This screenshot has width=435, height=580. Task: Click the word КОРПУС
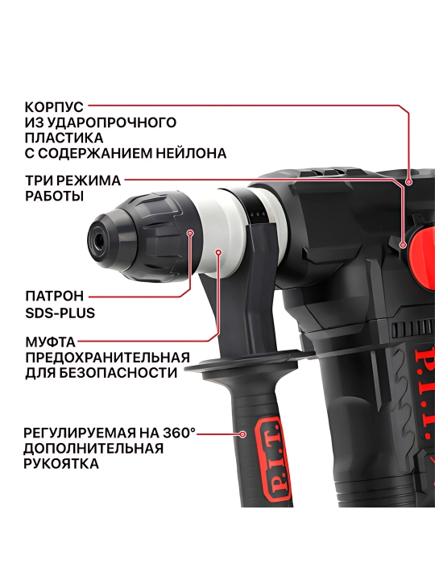[x=54, y=107]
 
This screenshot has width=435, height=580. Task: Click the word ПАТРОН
[x=55, y=296]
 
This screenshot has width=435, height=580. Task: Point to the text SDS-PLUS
[x=60, y=313]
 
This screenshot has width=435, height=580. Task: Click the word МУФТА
[x=50, y=342]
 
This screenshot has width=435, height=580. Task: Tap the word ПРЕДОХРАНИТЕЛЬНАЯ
[x=107, y=358]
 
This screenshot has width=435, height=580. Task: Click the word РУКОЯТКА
[x=61, y=463]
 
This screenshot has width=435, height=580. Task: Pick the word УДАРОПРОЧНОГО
[x=110, y=122]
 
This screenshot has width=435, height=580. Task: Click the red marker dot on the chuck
[x=190, y=233]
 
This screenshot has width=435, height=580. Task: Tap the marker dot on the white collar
[x=218, y=252]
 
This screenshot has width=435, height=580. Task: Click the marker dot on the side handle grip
[x=243, y=434]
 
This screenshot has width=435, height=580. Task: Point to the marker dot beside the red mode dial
[x=404, y=245]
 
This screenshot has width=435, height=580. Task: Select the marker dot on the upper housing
[x=408, y=181]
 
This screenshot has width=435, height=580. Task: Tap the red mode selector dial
[x=421, y=257]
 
